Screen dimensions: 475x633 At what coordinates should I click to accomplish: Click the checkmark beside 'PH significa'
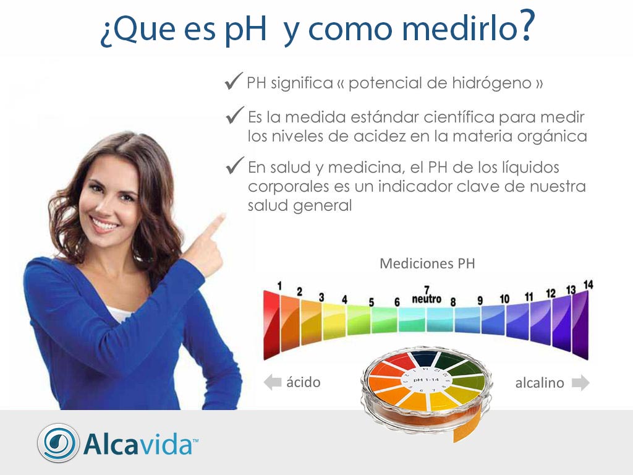pyautogui.click(x=233, y=81)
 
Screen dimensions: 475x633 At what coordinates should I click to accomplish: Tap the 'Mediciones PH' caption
pyautogui.click(x=427, y=263)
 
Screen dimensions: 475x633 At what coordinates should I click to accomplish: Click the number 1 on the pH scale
pyautogui.click(x=279, y=286)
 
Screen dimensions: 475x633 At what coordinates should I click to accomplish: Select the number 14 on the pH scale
pyautogui.click(x=588, y=285)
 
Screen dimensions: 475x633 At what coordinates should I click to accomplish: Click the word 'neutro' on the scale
pyautogui.click(x=427, y=299)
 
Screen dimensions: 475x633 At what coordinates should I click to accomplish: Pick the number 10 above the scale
pyautogui.click(x=504, y=299)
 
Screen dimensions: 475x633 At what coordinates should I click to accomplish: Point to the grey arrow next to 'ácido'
pyautogui.click(x=272, y=383)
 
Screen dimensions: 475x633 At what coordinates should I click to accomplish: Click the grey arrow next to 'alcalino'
pyautogui.click(x=580, y=383)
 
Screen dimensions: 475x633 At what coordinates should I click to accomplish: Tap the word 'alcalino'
pyautogui.click(x=540, y=383)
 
